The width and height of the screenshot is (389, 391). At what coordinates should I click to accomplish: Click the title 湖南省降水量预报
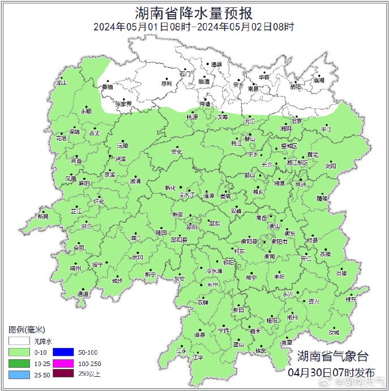click(x=194, y=12)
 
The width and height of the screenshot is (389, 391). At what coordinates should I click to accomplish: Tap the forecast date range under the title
click(x=194, y=27)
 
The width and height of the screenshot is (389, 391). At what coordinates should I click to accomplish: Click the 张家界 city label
click(x=123, y=104)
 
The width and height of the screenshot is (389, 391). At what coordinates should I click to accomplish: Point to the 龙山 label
click(x=61, y=83)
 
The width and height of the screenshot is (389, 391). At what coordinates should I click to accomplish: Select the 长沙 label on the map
click(x=267, y=164)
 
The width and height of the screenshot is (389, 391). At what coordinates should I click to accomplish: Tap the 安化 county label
click(x=177, y=152)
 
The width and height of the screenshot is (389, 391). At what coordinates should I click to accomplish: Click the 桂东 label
click(x=351, y=299)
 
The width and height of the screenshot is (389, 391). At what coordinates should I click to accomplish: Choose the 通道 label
click(x=83, y=294)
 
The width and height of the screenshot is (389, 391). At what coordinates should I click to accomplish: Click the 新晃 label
click(x=43, y=216)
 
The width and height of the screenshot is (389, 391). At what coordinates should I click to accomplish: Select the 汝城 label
click(x=335, y=332)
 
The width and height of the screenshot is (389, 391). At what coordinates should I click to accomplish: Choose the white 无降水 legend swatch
click(x=19, y=341)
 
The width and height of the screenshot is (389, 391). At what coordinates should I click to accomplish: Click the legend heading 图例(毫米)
click(x=27, y=330)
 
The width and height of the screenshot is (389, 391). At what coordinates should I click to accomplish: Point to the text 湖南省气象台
click(x=332, y=356)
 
